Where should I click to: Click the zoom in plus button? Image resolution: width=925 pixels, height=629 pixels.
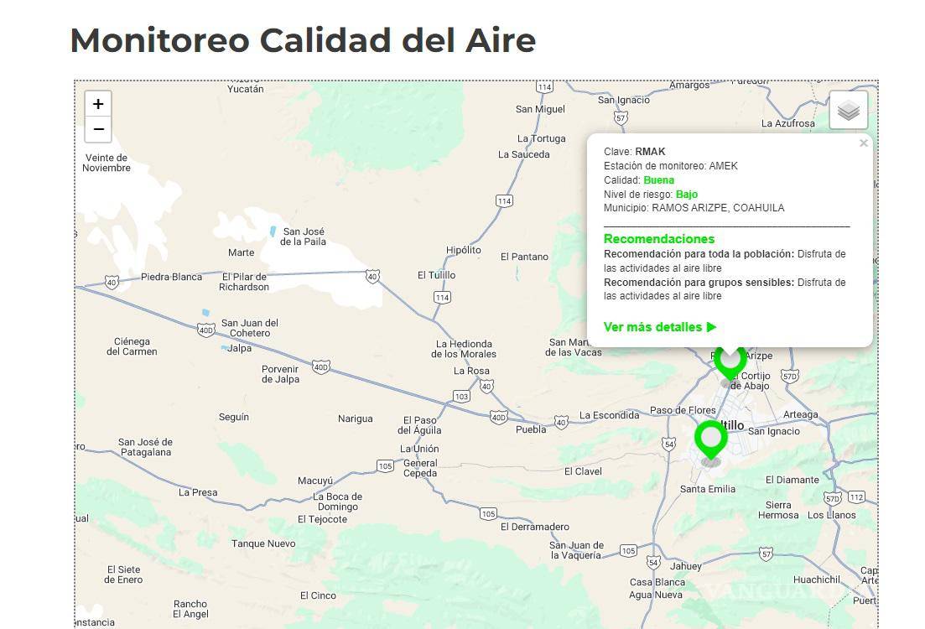point(98,104)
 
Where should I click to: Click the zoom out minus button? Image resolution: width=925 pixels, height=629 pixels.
point(98,129)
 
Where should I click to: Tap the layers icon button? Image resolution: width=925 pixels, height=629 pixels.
point(849,111)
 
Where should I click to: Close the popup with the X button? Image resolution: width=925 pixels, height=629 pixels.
point(864,143)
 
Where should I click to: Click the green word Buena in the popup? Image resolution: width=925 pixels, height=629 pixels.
point(658,180)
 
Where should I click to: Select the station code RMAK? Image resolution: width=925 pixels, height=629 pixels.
point(650,152)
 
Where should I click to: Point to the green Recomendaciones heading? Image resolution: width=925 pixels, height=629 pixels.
point(658,239)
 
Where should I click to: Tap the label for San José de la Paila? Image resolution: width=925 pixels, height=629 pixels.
point(303,237)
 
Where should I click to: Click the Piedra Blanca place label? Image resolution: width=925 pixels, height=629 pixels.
point(171,277)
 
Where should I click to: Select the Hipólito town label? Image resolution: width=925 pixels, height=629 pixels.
point(464,250)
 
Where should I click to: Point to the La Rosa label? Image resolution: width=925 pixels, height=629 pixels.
point(471,371)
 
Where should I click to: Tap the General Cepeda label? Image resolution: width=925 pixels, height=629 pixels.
point(420,468)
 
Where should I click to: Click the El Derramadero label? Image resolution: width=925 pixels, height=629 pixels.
point(534,527)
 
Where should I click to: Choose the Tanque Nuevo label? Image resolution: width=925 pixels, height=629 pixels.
point(263,543)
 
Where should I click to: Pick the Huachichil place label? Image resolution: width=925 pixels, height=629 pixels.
point(816,580)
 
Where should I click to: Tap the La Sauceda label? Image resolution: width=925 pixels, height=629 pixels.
point(523,154)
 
